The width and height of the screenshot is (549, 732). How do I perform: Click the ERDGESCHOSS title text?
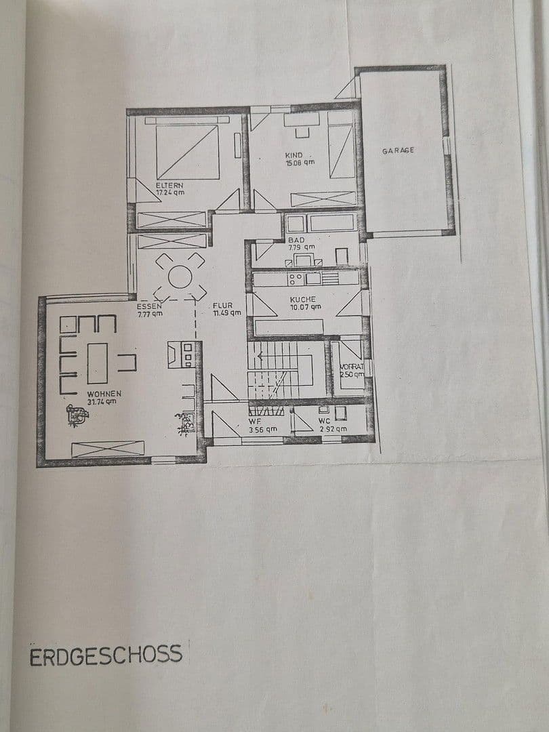[106, 655]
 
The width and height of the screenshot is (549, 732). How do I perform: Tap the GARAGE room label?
[398, 150]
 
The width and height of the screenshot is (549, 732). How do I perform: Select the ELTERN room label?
[169, 184]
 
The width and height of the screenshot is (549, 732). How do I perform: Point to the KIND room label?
[293, 155]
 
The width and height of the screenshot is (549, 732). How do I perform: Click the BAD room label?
[296, 240]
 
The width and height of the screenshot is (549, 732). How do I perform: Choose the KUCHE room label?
[302, 299]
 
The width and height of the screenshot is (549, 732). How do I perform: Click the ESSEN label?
[149, 306]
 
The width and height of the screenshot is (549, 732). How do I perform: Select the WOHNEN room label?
[104, 393]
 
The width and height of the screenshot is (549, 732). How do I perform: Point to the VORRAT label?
[352, 367]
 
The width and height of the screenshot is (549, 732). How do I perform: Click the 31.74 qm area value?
[102, 401]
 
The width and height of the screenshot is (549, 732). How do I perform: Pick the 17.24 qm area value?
[169, 192]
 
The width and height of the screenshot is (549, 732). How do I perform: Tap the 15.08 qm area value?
[299, 163]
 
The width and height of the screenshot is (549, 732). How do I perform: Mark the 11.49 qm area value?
[226, 313]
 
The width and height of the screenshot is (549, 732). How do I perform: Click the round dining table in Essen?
[180, 277]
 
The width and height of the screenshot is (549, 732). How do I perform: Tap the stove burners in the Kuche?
[296, 279]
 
